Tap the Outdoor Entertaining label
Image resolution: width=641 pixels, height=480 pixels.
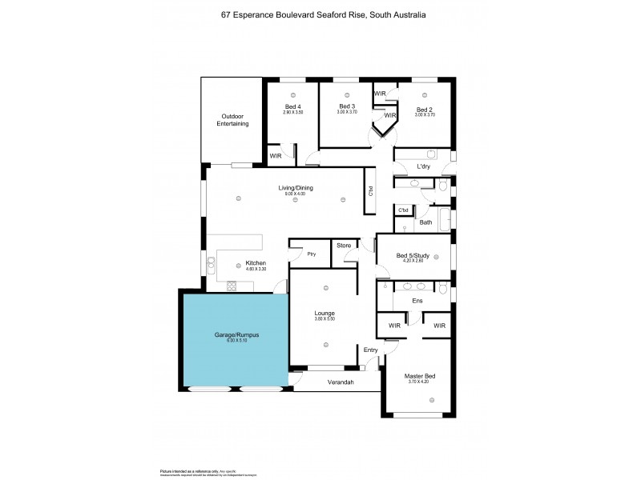click(234, 120)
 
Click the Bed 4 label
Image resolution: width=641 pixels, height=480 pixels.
click(293, 106)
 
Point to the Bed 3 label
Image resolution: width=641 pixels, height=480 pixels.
click(346, 106)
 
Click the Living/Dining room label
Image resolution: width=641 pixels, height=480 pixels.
click(296, 188)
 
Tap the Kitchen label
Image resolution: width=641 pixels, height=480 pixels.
click(255, 263)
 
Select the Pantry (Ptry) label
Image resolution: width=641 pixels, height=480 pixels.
click(312, 254)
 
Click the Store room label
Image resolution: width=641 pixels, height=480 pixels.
click(344, 245)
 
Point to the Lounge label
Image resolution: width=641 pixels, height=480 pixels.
click(325, 313)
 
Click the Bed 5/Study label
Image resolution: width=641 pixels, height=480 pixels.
click(413, 255)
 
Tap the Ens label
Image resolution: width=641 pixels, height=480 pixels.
click(417, 300)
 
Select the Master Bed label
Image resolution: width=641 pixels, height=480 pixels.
click(420, 376)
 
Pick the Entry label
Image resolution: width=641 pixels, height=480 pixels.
click(370, 350)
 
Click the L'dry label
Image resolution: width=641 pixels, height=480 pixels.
click(425, 166)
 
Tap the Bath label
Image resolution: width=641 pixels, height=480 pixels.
click(425, 222)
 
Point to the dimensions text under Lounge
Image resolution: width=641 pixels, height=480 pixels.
click(325, 319)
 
